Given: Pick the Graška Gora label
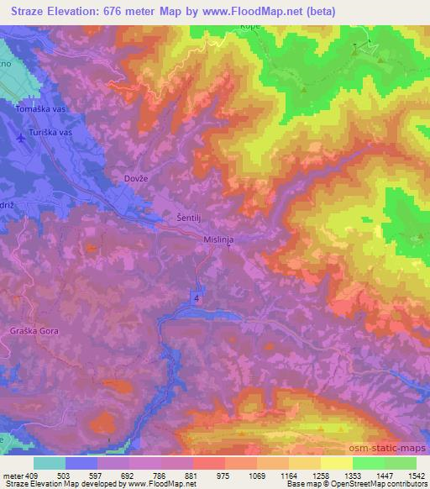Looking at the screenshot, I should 32,330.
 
